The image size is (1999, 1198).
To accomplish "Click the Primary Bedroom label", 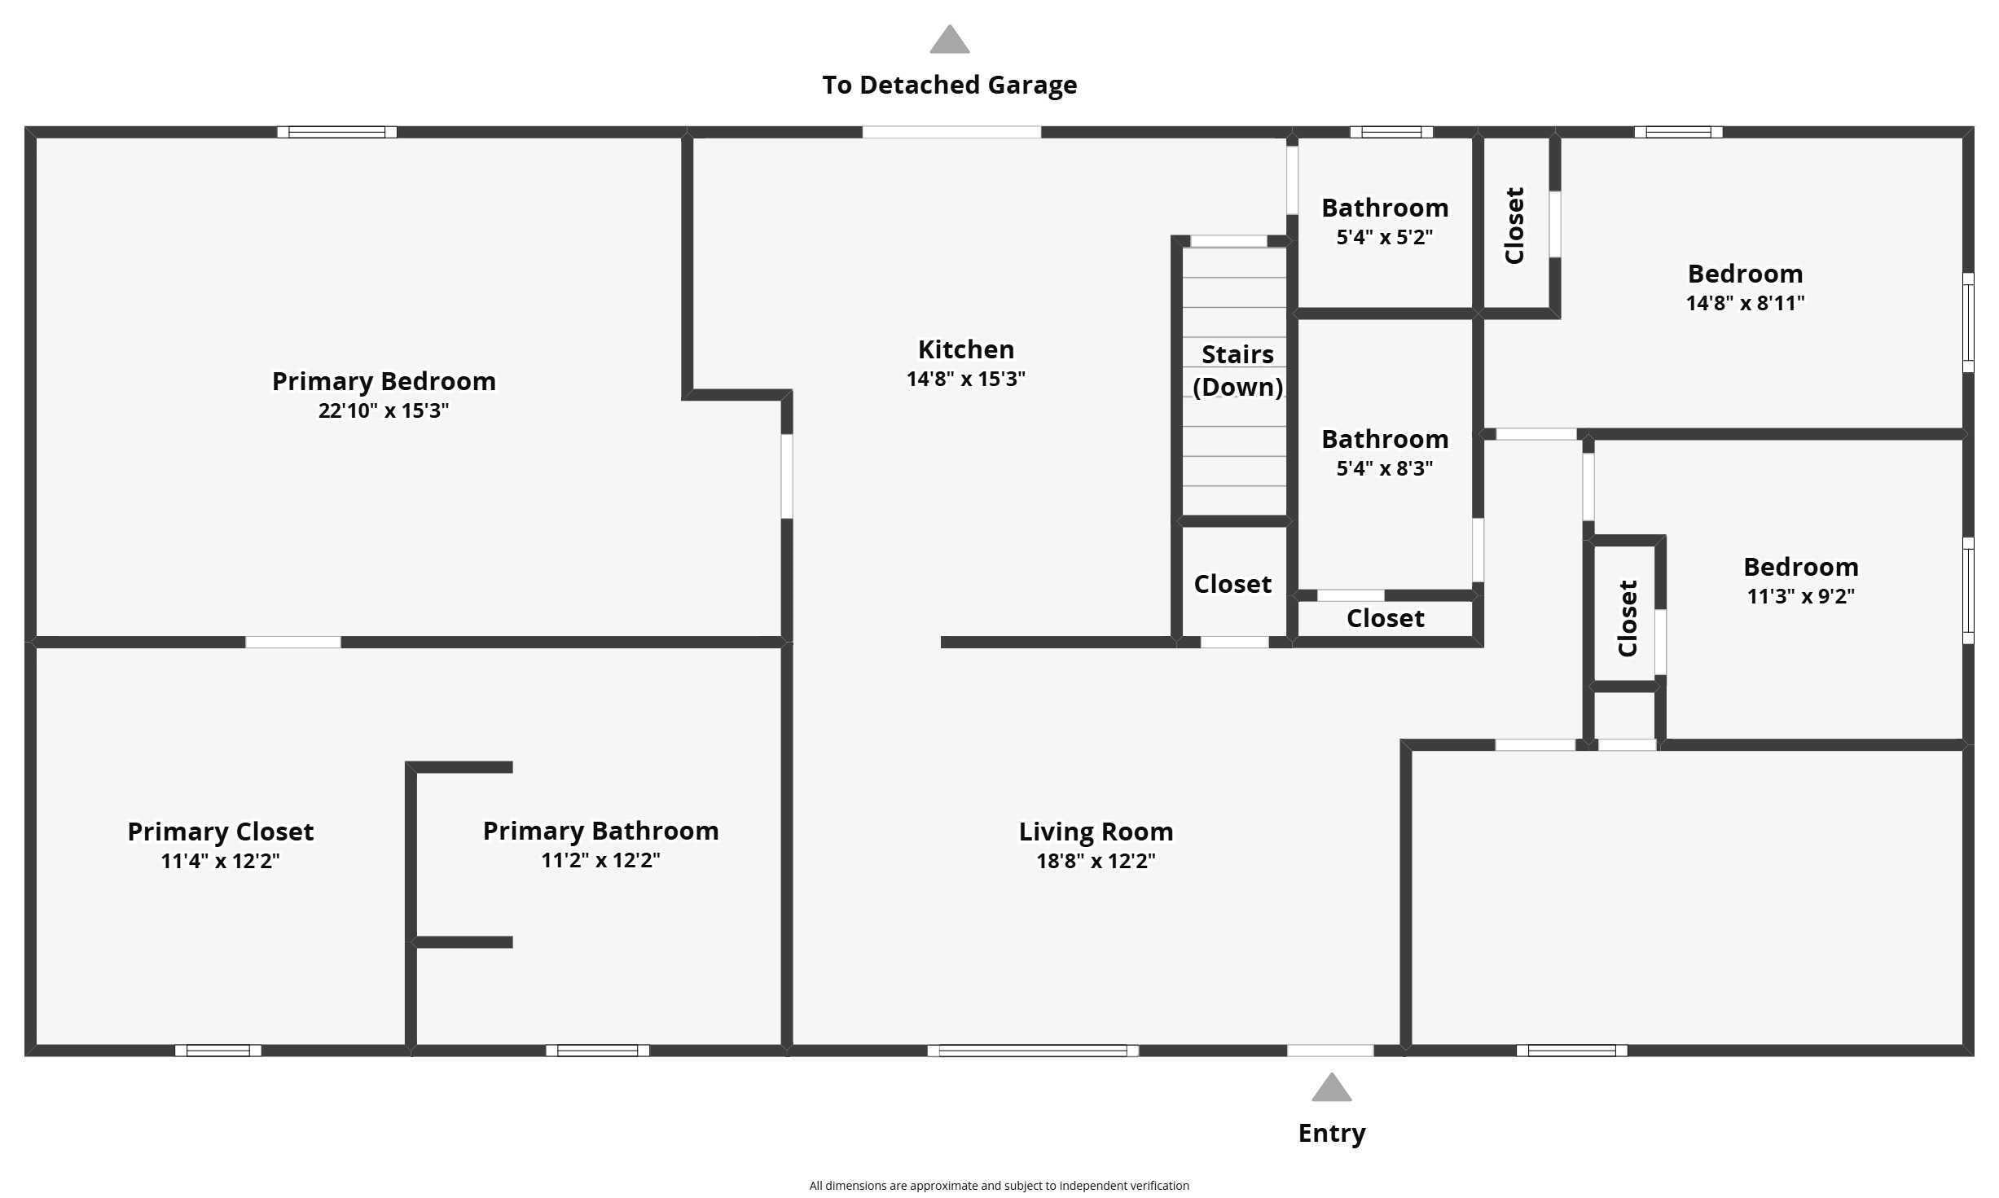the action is pyautogui.click(x=384, y=381).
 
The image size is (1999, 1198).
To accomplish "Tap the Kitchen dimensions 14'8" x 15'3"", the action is pyautogui.click(x=966, y=379).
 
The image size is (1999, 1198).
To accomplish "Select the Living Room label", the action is pyautogui.click(x=1096, y=832).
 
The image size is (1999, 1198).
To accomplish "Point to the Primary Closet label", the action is pyautogui.click(x=221, y=832).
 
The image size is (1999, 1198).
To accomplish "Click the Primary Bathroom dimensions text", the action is pyautogui.click(x=601, y=860).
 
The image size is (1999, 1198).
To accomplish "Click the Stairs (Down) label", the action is pyautogui.click(x=1237, y=371).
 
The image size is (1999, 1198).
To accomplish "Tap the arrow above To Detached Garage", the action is pyautogui.click(x=950, y=39).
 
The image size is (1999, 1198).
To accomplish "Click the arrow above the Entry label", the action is pyautogui.click(x=1332, y=1086).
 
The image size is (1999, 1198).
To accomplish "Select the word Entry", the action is pyautogui.click(x=1332, y=1133).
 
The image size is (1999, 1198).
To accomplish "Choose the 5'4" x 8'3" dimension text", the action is pyautogui.click(x=1385, y=468).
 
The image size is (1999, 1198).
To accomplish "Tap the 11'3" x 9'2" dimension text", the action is pyautogui.click(x=1801, y=596).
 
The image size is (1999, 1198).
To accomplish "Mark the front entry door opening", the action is pyautogui.click(x=1330, y=1051).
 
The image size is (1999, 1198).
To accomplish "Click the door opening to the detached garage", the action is pyautogui.click(x=951, y=132).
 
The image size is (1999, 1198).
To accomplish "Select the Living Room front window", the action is pyautogui.click(x=1033, y=1051).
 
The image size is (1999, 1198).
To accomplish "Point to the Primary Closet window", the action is pyautogui.click(x=218, y=1051).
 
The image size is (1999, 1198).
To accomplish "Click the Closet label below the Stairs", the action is pyautogui.click(x=1232, y=584).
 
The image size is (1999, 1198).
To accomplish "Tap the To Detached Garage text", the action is pyautogui.click(x=950, y=85).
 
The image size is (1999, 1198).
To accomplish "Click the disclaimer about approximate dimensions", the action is pyautogui.click(x=999, y=1186).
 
